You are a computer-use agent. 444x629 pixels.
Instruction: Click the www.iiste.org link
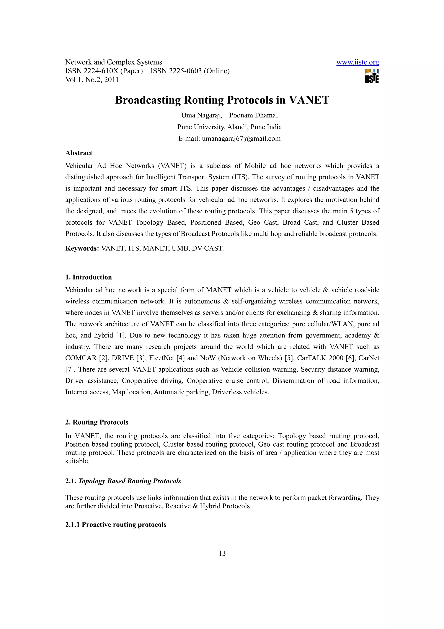pos(357,62)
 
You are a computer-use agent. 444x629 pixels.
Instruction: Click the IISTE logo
pos(372,76)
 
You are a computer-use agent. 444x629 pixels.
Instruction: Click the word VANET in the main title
pos(309,100)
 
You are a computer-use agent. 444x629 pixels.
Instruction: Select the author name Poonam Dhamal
pos(253,115)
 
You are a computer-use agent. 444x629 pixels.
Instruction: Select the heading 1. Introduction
pos(88,277)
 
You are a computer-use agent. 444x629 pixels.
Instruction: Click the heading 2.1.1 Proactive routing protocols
pos(116,525)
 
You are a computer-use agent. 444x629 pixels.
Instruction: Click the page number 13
pos(222,553)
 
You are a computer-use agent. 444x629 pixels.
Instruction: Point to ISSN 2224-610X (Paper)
pos(104,71)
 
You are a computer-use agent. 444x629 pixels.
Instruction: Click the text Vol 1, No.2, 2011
pos(92,80)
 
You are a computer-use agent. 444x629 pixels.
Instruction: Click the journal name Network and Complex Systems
pos(114,62)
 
